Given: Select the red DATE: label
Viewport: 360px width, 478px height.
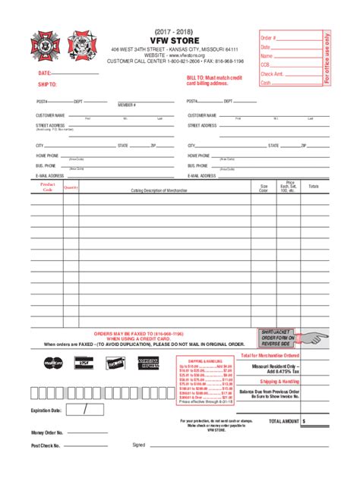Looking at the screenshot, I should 45,74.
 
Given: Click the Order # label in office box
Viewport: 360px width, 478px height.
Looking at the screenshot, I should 270,38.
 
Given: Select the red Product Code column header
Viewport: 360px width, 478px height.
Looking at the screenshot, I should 47,187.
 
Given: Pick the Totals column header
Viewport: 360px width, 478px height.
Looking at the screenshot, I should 314,187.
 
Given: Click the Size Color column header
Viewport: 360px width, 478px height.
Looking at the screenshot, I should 264,188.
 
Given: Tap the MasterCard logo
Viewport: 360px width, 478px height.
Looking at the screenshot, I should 53,363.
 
